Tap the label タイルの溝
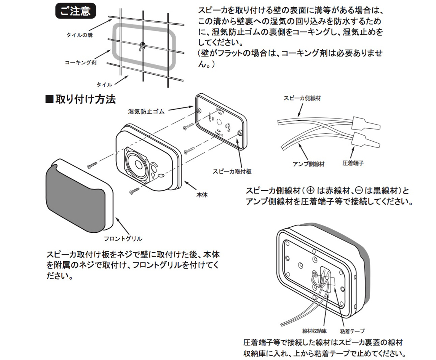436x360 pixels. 80,35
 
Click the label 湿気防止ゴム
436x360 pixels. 146,112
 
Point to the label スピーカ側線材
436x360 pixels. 302,98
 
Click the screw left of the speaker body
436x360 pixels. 93,165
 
